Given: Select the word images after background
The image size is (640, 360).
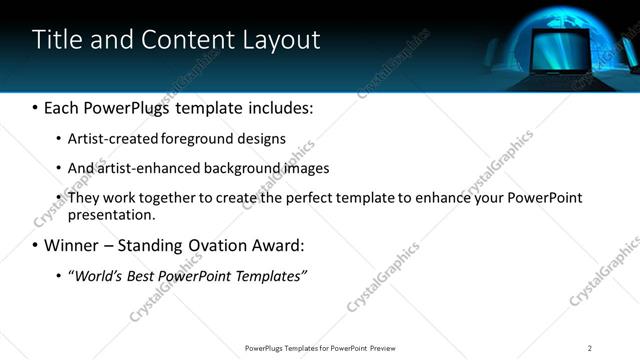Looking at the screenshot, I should (x=299, y=168).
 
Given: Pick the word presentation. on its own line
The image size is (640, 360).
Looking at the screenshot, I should (x=112, y=214).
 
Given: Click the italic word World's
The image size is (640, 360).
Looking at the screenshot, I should (x=97, y=275).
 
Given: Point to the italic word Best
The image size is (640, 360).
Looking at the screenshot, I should (x=142, y=275).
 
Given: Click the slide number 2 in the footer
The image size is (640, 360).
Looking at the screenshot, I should (x=589, y=347).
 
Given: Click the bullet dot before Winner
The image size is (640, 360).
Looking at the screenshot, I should (x=35, y=245).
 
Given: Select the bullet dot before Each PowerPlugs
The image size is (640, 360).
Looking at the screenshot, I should (x=35, y=106).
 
